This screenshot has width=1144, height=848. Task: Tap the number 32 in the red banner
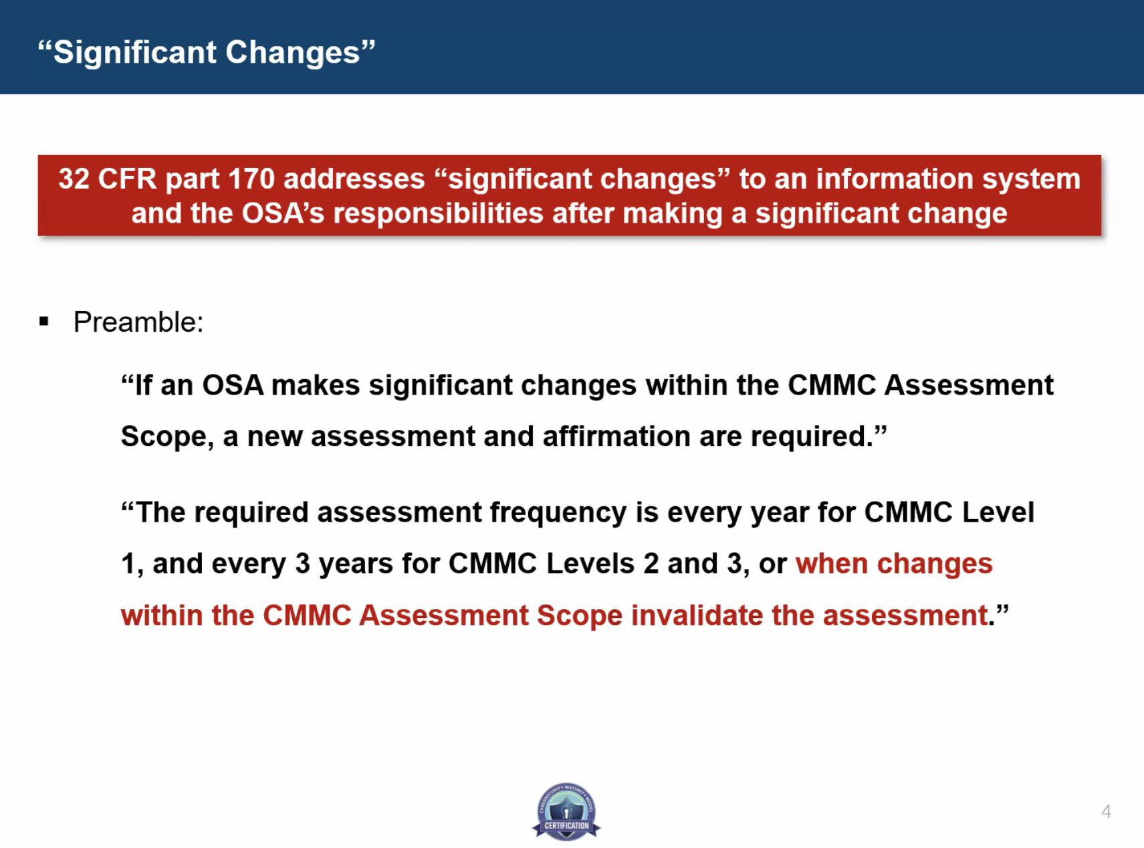[74, 179]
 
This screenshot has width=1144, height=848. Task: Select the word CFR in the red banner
[128, 179]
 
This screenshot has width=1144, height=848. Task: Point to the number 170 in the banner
[251, 179]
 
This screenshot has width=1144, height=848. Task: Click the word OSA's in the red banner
[283, 214]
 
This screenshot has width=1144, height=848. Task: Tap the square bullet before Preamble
[44, 322]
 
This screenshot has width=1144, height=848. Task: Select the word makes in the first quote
[316, 386]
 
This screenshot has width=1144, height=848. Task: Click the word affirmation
[616, 437]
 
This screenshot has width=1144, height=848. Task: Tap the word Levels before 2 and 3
[590, 564]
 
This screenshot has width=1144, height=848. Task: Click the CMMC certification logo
[566, 811]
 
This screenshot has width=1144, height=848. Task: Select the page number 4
[1106, 812]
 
